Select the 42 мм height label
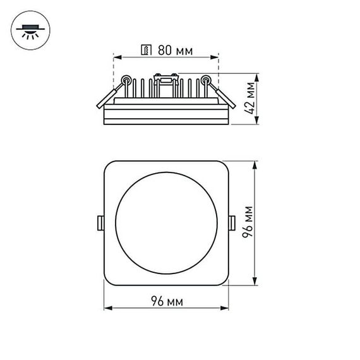tap(251, 100)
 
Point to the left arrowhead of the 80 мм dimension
tap(116, 57)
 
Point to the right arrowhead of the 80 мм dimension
tap(217, 57)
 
